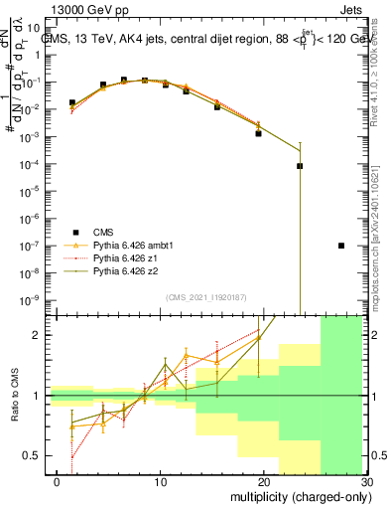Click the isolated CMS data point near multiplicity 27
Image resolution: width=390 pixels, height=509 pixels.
tap(341, 246)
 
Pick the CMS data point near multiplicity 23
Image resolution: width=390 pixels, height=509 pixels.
tap(300, 166)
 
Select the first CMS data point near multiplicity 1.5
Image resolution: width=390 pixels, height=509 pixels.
tap(71, 102)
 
